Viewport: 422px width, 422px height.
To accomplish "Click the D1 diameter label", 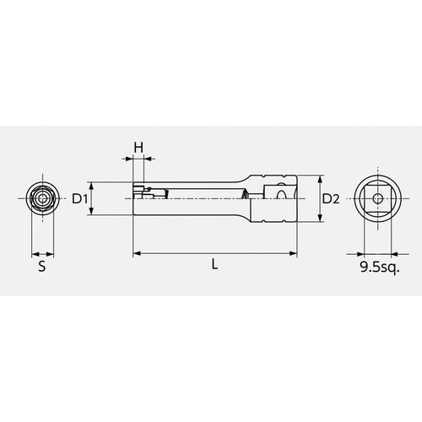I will [x=79, y=199].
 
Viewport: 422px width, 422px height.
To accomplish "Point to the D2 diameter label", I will [x=332, y=199].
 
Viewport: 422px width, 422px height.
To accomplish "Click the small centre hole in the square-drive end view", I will [x=377, y=199].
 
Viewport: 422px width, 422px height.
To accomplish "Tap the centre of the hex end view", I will [x=41, y=199].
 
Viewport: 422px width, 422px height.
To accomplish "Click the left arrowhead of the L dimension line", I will [x=136, y=252].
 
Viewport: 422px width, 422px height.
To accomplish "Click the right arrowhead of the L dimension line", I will [x=296, y=252].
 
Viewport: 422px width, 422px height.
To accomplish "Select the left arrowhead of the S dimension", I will [x=33, y=252].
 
